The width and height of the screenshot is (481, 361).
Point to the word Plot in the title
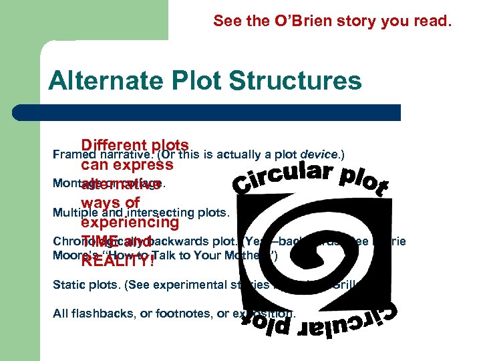click(194, 81)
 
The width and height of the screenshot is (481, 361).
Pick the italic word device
click(321, 154)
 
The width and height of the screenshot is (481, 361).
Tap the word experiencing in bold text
click(130, 222)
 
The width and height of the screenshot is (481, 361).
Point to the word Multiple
click(75, 214)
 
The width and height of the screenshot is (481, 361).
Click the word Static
click(67, 284)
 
